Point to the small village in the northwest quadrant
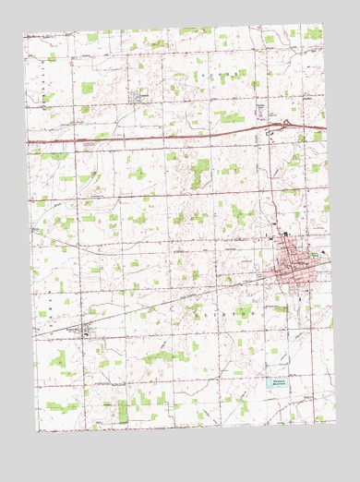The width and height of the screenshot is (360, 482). point(135,95)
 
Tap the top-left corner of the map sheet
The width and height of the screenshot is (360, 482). point(23,35)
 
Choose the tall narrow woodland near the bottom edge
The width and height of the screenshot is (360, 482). point(123,410)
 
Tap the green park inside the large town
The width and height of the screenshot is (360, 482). point(315,255)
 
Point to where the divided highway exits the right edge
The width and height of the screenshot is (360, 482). point(326,127)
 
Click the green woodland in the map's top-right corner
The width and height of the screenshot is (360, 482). point(313,34)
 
